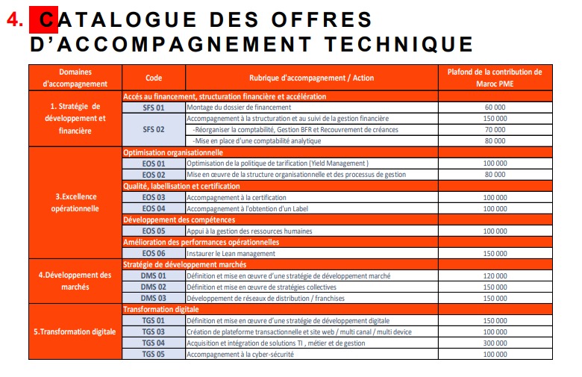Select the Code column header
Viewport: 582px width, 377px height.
coord(153,78)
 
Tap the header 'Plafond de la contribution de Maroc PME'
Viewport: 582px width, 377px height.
coord(495,78)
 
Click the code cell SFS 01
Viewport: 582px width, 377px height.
coord(153,108)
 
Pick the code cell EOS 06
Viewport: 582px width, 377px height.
coord(153,253)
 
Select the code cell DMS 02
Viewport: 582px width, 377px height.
coord(153,287)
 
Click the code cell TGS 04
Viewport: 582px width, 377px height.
coord(153,343)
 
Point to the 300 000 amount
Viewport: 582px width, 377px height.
coord(495,343)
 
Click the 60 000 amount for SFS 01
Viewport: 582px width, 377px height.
coord(495,108)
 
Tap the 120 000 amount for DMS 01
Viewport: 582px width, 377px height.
coord(495,275)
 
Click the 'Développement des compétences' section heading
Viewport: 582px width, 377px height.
coord(179,219)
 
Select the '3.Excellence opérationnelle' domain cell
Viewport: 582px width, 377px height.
coord(75,202)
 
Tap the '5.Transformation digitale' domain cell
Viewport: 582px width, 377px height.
coord(75,331)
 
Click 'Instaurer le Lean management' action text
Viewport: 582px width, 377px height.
coord(231,253)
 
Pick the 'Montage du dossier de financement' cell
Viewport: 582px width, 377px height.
coord(238,108)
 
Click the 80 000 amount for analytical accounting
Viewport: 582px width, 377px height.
coord(495,140)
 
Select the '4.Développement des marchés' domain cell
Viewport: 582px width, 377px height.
coord(75,281)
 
